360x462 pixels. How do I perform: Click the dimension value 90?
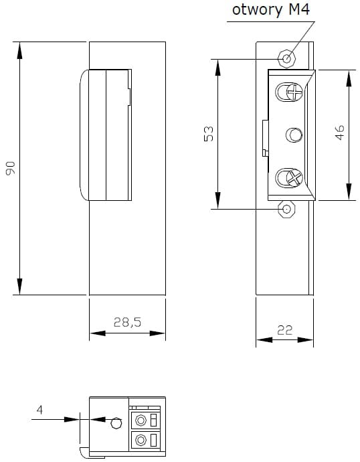pos(10,168)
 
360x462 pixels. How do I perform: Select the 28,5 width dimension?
pos(127,322)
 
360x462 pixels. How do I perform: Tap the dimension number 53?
pos(208,134)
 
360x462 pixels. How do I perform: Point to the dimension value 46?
pos(340,133)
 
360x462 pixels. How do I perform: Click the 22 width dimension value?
pos(284,330)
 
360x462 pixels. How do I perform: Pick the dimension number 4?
pos(39,410)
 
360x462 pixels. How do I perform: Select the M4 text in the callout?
pos(299,9)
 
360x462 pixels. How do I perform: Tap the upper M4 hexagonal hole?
pos(286,59)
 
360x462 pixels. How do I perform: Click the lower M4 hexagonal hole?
pos(286,209)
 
